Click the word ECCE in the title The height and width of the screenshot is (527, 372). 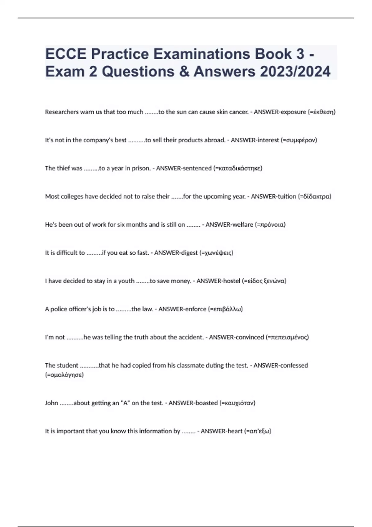point(66,54)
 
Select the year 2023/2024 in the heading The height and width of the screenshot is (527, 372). point(295,72)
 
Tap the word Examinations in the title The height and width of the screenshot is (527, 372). point(201,54)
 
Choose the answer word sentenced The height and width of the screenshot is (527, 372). point(197,168)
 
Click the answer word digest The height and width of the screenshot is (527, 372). point(188,253)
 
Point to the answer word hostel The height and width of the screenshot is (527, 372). point(230,281)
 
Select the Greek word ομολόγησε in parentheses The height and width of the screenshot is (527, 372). point(64,375)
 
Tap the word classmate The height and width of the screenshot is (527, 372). point(191,365)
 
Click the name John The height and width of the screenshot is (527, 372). point(51,403)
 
